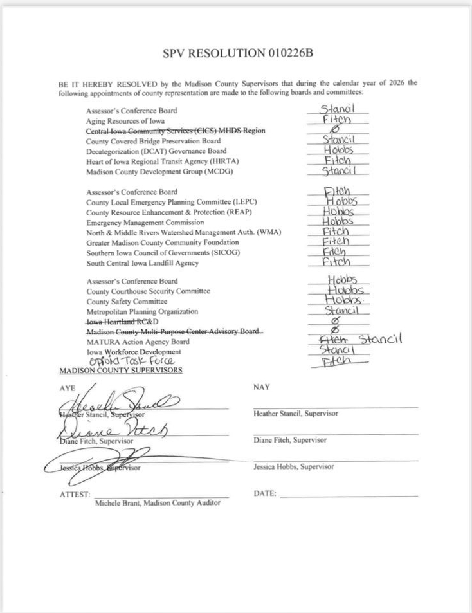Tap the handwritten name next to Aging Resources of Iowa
336,120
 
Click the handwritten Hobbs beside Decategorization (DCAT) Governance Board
338,151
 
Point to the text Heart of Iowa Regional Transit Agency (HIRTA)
159,161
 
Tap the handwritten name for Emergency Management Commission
338,222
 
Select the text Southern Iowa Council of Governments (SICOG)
159,253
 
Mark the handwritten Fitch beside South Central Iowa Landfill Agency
336,262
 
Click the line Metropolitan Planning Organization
142,312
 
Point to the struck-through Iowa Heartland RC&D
122,322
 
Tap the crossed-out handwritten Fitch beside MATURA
333,340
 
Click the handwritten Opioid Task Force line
122,361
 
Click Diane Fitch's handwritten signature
116,430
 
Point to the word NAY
262,387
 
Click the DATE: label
266,494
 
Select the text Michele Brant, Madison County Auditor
158,502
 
